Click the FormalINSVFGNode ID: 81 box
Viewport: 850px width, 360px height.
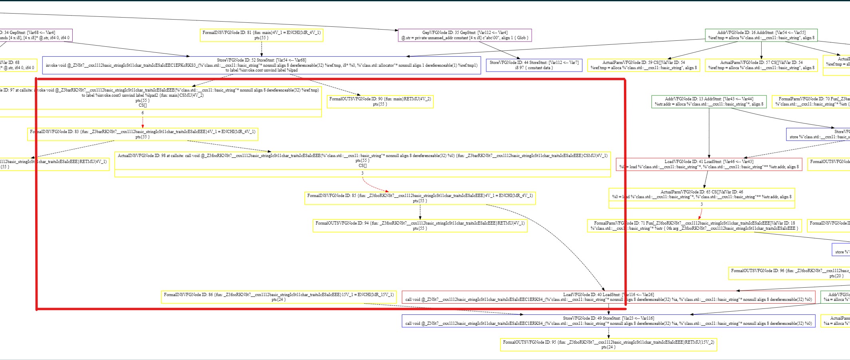pos(261,35)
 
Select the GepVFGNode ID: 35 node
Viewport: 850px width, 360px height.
pos(465,35)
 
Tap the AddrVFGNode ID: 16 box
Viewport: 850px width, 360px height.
pos(761,35)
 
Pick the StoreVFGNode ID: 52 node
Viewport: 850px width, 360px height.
pos(261,65)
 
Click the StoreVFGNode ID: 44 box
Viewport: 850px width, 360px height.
pos(534,65)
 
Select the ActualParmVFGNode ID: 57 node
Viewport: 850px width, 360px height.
pos(761,65)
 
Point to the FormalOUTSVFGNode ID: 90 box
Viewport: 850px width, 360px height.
pos(380,101)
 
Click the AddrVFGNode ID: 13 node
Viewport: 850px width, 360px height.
pos(709,101)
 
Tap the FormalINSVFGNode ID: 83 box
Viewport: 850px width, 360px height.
pos(143,134)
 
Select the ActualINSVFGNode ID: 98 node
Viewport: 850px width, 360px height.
pos(362,161)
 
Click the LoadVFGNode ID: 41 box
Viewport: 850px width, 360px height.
pos(709,164)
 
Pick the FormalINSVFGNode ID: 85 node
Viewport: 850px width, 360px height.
pos(420,198)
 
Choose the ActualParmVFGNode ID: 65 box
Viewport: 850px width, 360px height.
pos(701,195)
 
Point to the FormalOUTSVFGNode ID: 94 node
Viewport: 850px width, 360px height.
pos(420,226)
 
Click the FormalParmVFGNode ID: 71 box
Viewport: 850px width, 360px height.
pos(694,226)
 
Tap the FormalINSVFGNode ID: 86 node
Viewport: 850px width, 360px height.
pos(278,297)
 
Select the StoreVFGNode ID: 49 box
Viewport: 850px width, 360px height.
pos(608,321)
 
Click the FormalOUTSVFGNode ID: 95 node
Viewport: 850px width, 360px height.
pos(608,344)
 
